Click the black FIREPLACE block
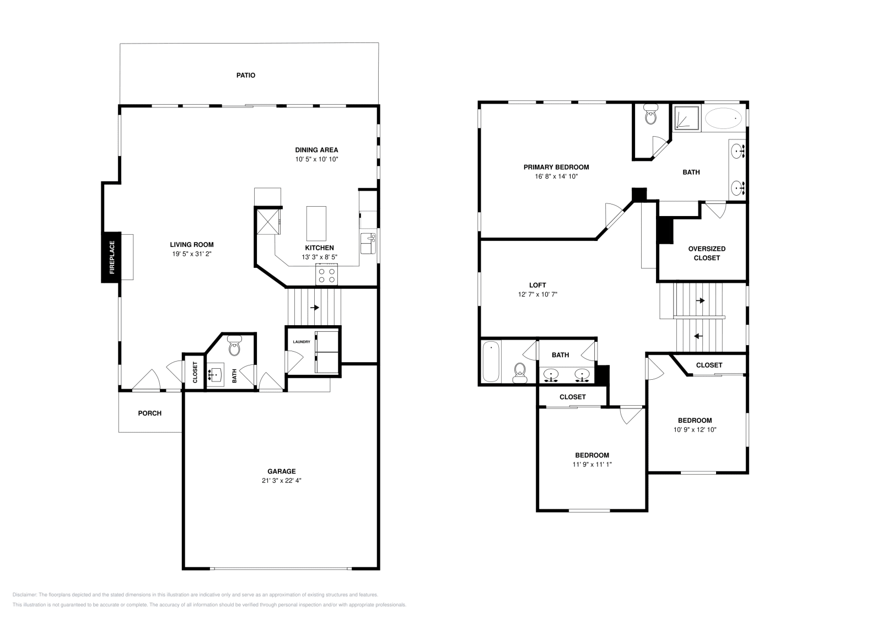tap(111, 257)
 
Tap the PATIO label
tap(246, 75)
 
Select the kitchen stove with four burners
tap(326, 275)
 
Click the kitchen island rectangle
tap(316, 222)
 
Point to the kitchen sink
tap(368, 243)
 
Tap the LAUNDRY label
tap(302, 342)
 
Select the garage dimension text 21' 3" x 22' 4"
tap(282, 481)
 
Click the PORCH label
tap(150, 413)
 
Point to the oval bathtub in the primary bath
tap(724, 119)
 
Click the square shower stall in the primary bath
tap(686, 119)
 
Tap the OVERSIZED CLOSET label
tap(707, 253)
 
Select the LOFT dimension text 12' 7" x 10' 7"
tap(537, 294)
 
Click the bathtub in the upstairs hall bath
tap(491, 362)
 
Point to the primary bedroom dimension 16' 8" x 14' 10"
tap(556, 176)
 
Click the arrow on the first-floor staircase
tap(315, 308)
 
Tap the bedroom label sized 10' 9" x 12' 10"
tap(695, 420)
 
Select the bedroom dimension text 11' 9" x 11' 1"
tap(592, 464)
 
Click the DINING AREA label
tap(316, 150)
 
